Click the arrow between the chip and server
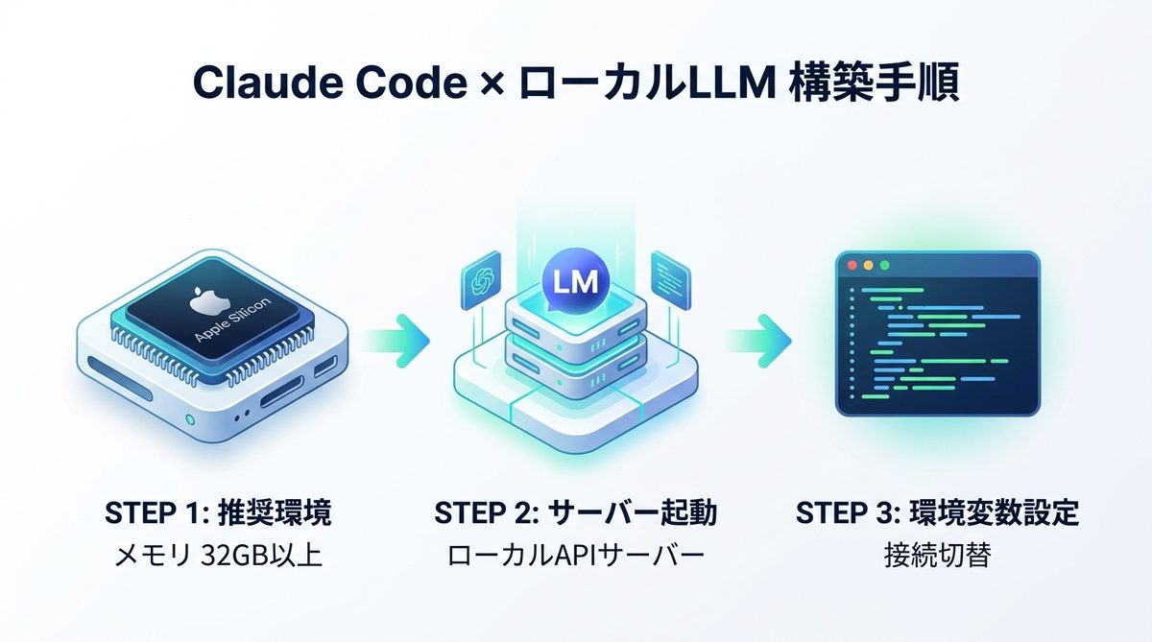(x=396, y=339)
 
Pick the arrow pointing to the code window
(x=758, y=339)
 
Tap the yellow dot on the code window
(x=867, y=265)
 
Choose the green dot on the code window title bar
(x=884, y=265)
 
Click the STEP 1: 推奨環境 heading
(x=217, y=512)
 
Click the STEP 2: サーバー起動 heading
(x=575, y=512)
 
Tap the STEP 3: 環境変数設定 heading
(x=936, y=512)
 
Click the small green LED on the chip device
(x=189, y=419)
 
